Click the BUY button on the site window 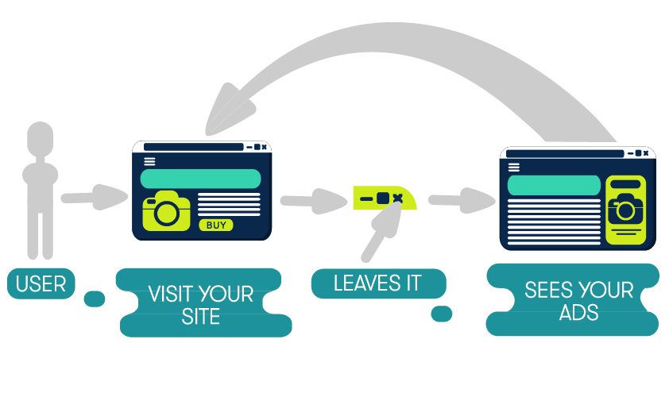tap(215, 225)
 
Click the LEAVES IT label tap(377, 283)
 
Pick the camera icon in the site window tap(166, 211)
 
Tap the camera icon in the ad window tap(625, 209)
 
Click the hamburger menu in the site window tap(149, 160)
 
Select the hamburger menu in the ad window tap(514, 167)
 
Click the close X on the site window tap(265, 147)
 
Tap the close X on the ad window tap(645, 152)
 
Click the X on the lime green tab tap(398, 197)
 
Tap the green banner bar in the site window tap(200, 178)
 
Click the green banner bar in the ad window tap(553, 185)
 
